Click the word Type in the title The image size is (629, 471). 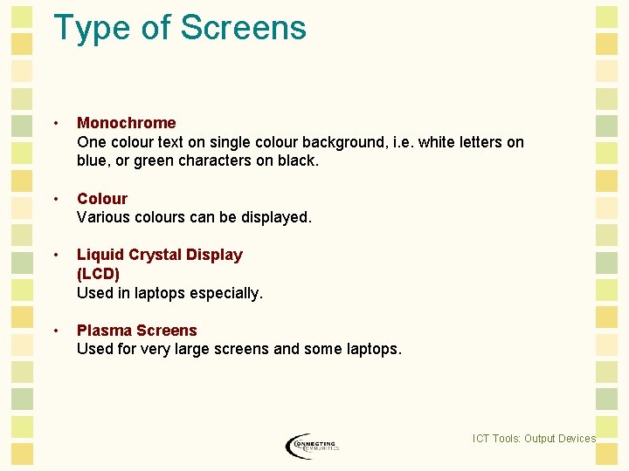tap(92, 28)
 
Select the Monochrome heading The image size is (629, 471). tap(126, 123)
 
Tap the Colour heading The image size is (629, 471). tap(102, 199)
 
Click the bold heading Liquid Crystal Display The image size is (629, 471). tap(160, 255)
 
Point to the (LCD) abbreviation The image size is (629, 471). tap(98, 274)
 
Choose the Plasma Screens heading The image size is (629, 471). tap(137, 331)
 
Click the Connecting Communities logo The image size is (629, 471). tap(312, 446)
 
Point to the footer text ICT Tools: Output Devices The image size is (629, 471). tap(534, 439)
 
